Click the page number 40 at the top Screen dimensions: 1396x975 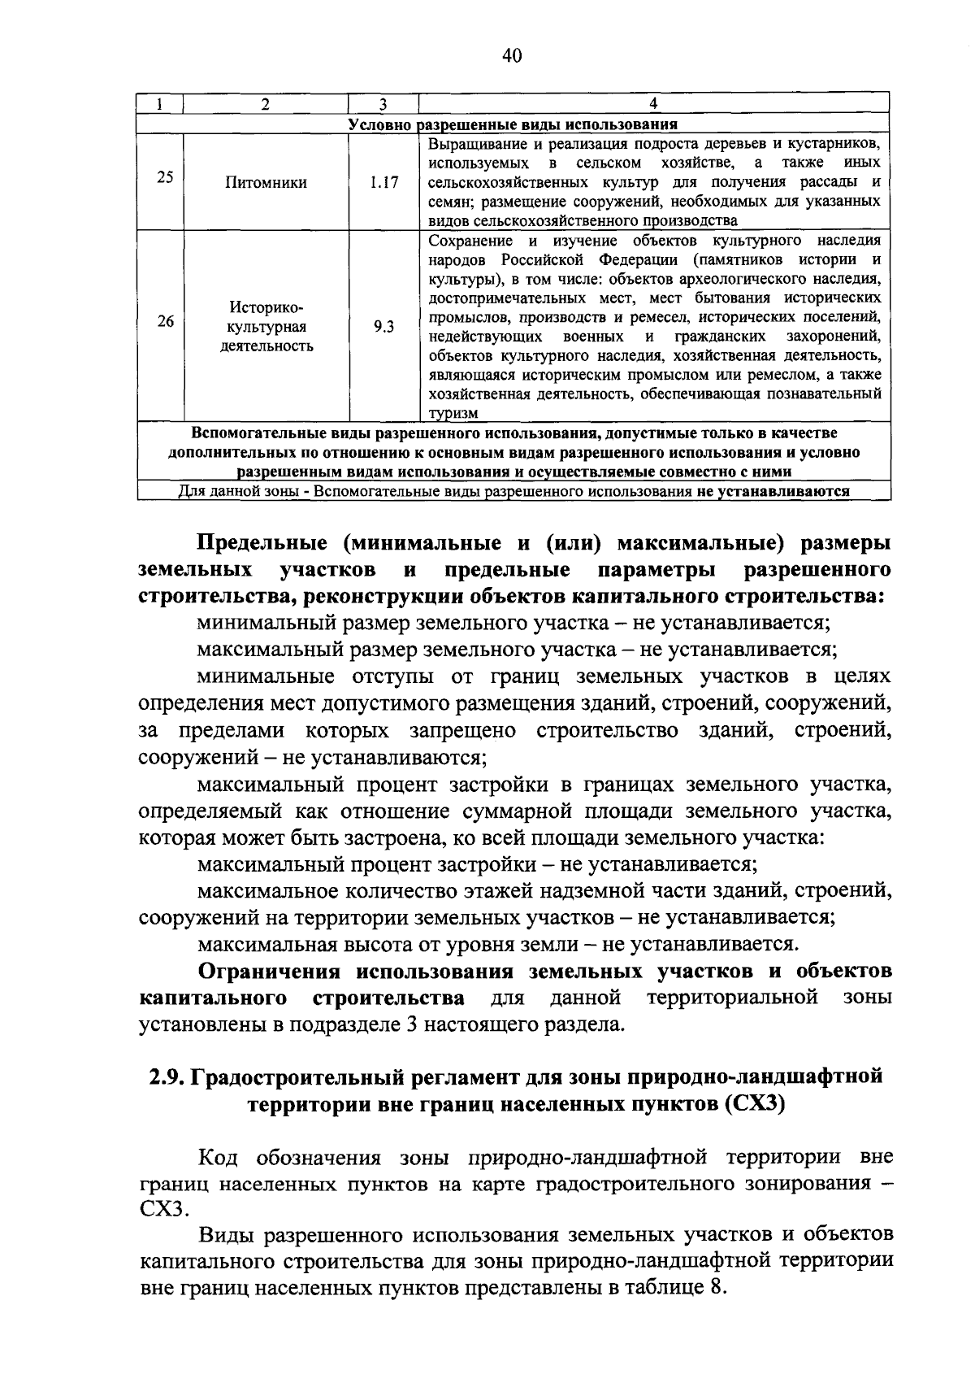click(511, 56)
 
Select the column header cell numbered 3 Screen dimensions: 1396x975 click(383, 104)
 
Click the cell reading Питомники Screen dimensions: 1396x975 click(266, 183)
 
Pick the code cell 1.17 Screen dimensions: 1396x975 click(383, 183)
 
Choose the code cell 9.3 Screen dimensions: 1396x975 click(383, 327)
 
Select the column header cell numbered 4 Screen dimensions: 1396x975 click(654, 103)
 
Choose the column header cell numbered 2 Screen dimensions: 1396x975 click(266, 104)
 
